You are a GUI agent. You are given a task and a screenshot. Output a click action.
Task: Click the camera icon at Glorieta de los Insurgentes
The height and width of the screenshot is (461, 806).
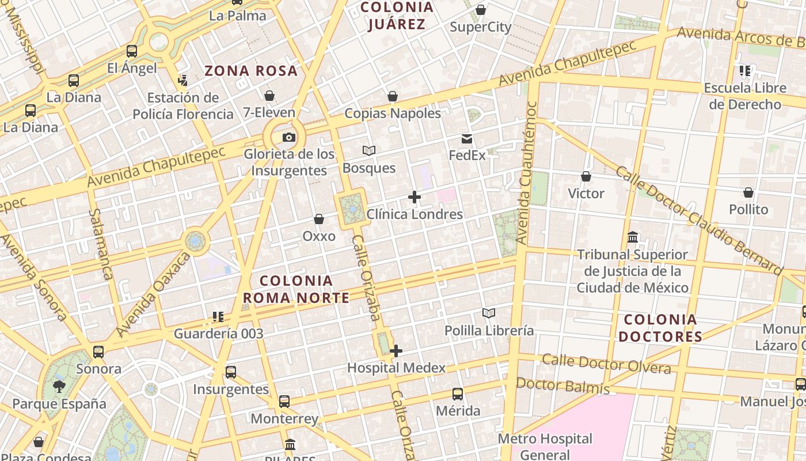coord(289,137)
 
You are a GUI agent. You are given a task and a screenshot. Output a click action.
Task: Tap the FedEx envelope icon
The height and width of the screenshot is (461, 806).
coord(467,139)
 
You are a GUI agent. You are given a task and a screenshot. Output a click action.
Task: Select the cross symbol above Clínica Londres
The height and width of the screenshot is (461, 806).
coord(414,197)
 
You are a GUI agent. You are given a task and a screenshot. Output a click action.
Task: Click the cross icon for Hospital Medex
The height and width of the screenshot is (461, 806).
coord(396,350)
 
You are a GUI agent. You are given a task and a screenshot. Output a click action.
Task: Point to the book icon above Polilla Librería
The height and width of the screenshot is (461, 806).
coord(489,313)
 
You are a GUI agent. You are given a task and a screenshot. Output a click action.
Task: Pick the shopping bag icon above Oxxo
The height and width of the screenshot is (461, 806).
coord(319,219)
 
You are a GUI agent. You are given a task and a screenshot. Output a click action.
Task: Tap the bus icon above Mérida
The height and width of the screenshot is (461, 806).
coord(458,394)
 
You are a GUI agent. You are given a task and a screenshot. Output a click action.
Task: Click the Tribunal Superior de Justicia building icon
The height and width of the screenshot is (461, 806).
coord(633,237)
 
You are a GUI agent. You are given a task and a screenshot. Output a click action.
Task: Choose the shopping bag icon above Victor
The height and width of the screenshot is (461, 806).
coord(586,176)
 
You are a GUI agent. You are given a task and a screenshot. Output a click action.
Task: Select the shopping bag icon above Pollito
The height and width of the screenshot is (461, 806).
coord(748,192)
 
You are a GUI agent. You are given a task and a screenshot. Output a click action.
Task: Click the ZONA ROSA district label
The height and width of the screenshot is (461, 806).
coord(251,71)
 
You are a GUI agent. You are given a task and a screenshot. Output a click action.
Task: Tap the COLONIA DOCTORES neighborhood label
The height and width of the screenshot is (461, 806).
coord(660,328)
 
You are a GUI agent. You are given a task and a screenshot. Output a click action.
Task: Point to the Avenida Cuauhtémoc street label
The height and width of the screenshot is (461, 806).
coord(527,173)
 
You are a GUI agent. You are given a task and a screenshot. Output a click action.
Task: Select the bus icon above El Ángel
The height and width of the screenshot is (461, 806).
coord(132,51)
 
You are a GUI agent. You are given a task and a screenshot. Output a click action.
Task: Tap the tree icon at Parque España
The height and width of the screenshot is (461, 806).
coord(59,386)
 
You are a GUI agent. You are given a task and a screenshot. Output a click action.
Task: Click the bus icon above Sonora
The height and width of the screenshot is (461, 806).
coord(98,352)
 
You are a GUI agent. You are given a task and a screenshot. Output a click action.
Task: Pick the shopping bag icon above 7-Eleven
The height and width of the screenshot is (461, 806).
coord(269,96)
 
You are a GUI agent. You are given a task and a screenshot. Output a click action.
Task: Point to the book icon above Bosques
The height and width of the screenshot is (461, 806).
coord(369,150)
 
